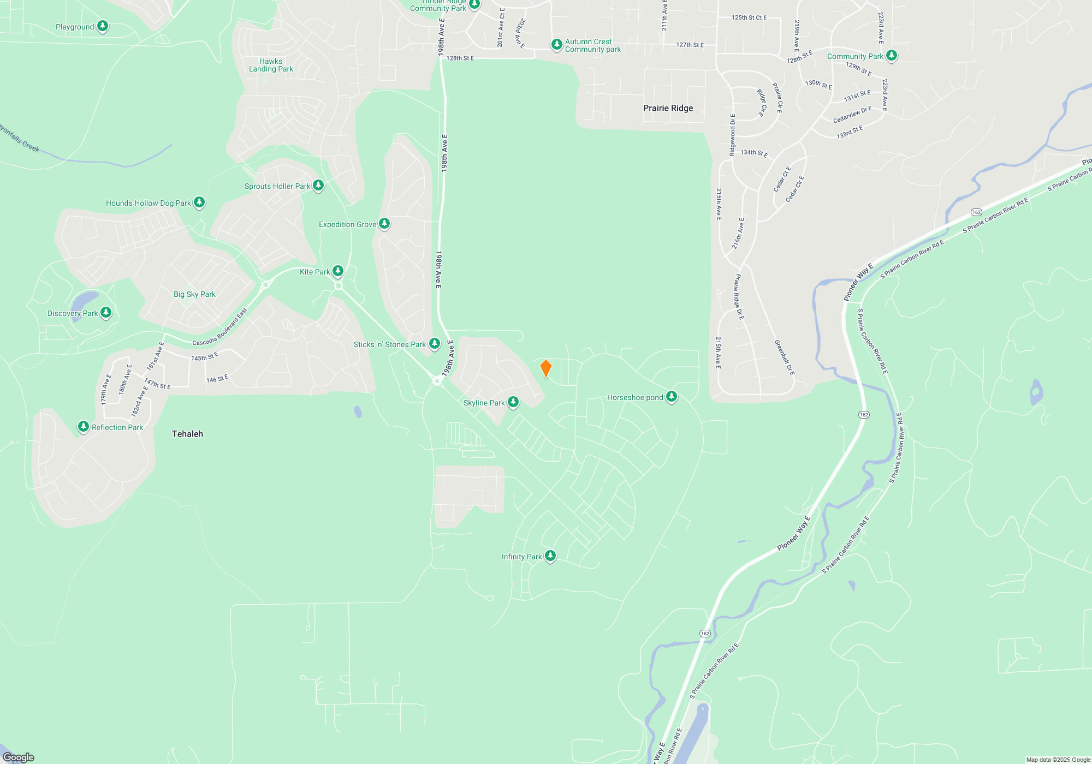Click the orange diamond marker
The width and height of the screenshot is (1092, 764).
click(x=545, y=368)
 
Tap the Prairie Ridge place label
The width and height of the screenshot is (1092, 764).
click(x=668, y=108)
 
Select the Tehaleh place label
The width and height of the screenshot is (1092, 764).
click(x=187, y=434)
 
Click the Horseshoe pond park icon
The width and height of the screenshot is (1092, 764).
click(x=672, y=397)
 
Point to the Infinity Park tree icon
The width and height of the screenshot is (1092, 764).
click(x=550, y=556)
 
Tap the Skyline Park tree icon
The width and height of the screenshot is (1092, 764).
click(x=513, y=402)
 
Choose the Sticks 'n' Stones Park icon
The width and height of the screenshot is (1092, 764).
click(x=435, y=344)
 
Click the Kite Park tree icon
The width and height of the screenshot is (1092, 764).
click(x=338, y=271)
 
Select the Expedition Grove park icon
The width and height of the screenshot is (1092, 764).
click(x=384, y=224)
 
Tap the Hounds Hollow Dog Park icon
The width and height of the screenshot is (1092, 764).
click(x=199, y=202)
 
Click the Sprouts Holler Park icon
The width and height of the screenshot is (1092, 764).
click(x=318, y=186)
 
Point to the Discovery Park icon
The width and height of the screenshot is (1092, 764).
click(x=106, y=313)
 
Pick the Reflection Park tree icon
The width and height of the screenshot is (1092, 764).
click(x=84, y=427)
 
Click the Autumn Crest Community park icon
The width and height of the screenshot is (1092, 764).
click(x=556, y=45)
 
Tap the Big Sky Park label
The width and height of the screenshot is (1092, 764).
click(x=194, y=294)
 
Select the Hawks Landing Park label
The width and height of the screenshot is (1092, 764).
click(x=271, y=65)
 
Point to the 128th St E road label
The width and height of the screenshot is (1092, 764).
click(x=460, y=58)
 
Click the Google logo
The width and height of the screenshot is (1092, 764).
click(x=19, y=757)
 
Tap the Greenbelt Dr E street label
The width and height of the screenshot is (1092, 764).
click(x=784, y=357)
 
